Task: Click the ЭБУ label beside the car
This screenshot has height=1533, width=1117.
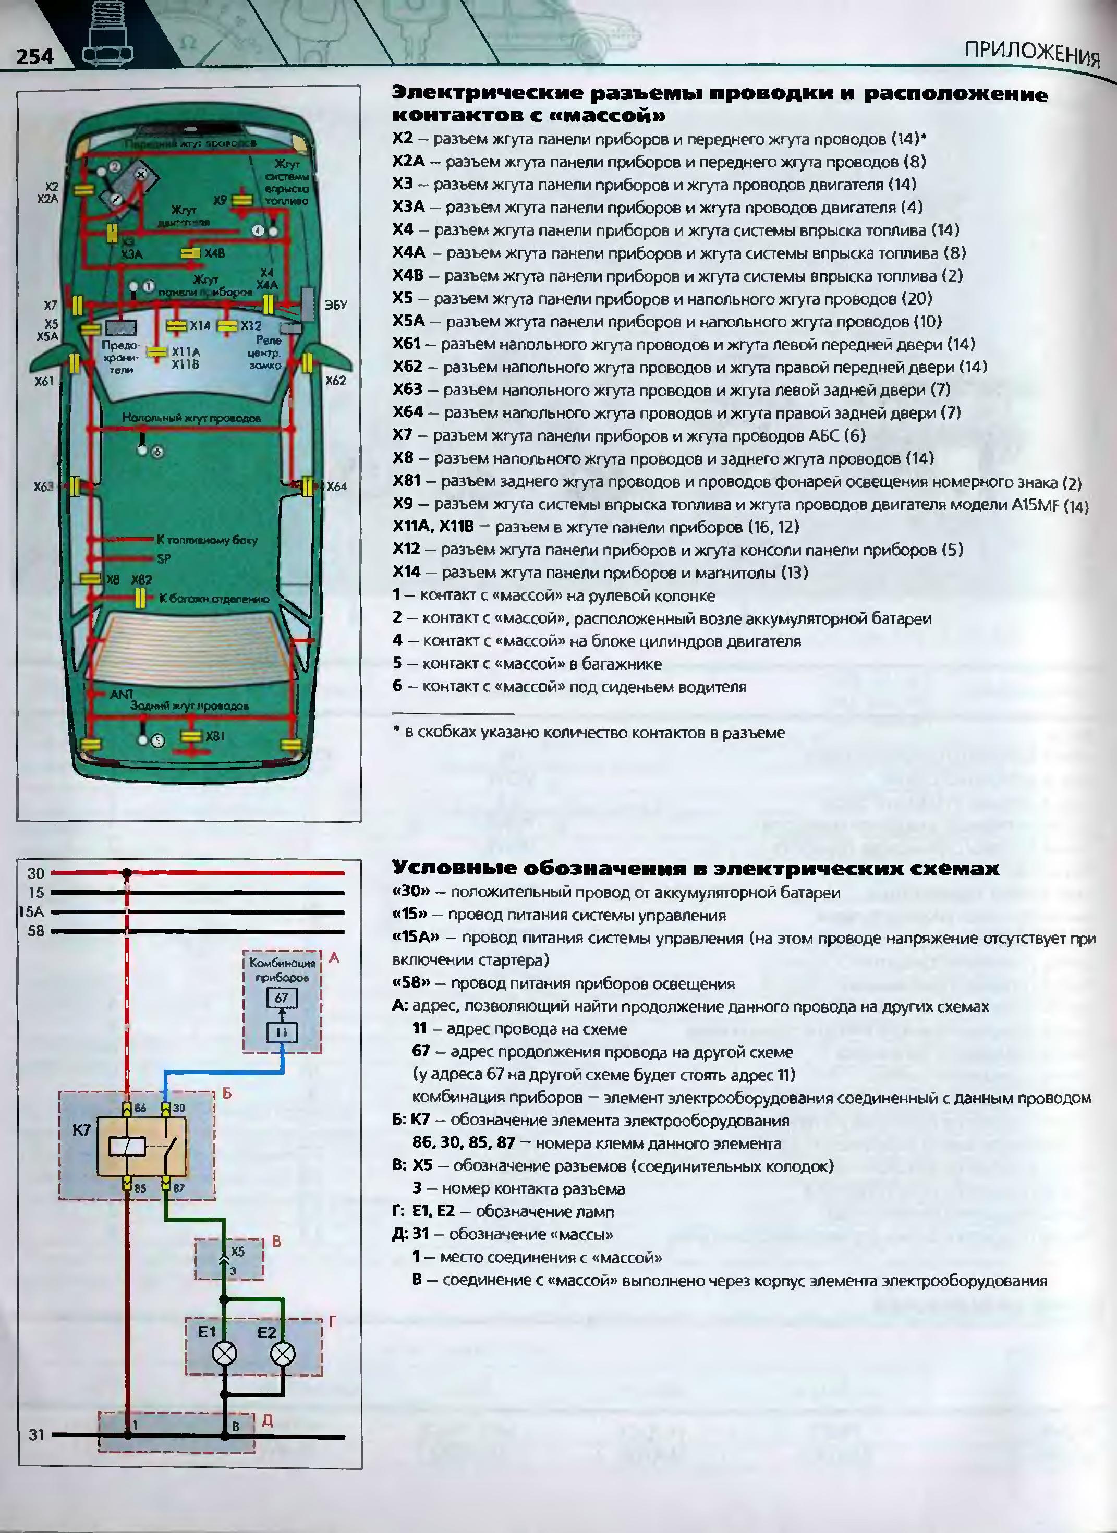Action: click(x=336, y=305)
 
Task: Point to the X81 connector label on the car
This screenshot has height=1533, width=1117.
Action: click(x=215, y=735)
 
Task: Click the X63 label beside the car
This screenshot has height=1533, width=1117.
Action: click(x=43, y=486)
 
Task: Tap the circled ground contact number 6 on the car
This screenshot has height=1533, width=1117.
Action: click(x=157, y=452)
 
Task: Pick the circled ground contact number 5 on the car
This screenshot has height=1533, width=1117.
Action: click(x=157, y=741)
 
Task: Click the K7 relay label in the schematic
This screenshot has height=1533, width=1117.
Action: click(x=81, y=1130)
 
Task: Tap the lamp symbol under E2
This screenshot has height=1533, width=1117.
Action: click(x=283, y=1354)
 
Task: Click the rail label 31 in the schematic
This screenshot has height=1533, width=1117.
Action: click(x=36, y=1435)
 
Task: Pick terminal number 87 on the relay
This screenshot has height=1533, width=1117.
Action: click(x=178, y=1188)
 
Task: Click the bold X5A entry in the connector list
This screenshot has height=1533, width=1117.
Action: click(x=408, y=321)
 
